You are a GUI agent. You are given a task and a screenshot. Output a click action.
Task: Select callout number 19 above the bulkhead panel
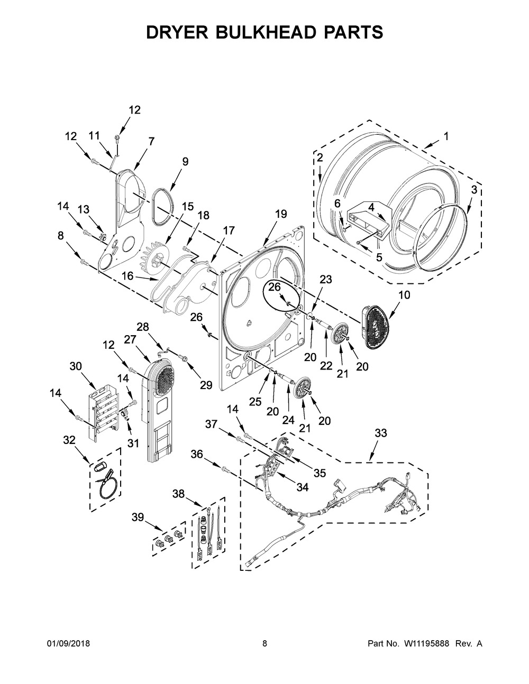click(281, 214)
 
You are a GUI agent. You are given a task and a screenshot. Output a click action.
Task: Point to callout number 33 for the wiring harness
click(380, 433)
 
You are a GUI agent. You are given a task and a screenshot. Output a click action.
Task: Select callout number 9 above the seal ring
click(185, 162)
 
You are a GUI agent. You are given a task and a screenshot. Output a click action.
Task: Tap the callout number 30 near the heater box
click(76, 365)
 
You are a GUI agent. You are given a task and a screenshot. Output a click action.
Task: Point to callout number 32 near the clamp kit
click(69, 439)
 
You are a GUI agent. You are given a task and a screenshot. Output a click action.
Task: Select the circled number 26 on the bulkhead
click(275, 287)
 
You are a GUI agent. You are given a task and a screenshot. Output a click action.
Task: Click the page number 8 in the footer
click(264, 644)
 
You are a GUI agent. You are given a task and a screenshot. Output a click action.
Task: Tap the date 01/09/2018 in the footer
click(68, 644)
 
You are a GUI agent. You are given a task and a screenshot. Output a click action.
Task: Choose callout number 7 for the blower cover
click(151, 141)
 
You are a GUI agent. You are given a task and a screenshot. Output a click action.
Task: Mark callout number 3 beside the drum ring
click(474, 189)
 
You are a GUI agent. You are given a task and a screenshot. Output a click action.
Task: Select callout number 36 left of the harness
click(197, 454)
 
